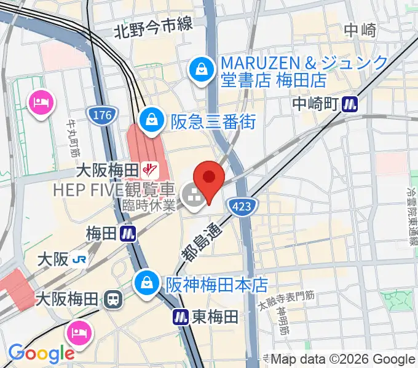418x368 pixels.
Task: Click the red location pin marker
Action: [x=209, y=178]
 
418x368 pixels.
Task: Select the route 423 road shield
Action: [x=242, y=207]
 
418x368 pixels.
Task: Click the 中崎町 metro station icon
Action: [x=351, y=104]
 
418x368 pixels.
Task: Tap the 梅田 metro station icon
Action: [x=128, y=234]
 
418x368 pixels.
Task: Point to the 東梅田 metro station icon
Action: [x=180, y=317]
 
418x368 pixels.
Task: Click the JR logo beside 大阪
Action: [x=79, y=259]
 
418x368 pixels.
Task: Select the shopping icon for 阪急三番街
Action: [x=151, y=121]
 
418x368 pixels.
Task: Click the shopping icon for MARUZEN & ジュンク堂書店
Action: [x=202, y=68]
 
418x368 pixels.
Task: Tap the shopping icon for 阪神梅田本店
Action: [x=148, y=283]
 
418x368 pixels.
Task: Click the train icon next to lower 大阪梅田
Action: [x=112, y=300]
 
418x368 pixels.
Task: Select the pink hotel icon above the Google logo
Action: [x=79, y=334]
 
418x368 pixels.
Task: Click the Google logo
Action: [x=41, y=353]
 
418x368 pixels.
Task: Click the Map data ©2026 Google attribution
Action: [x=343, y=359]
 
